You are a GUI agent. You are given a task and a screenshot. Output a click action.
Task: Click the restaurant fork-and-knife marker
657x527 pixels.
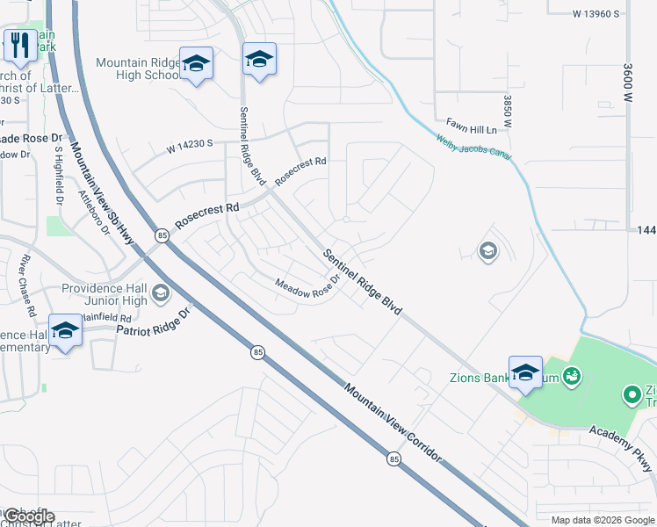point(19,45)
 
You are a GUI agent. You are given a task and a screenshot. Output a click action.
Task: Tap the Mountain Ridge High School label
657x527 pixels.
point(139,69)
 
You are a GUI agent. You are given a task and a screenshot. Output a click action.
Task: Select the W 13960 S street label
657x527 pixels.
point(596,14)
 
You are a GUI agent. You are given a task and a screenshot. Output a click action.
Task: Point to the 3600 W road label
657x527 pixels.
point(628,83)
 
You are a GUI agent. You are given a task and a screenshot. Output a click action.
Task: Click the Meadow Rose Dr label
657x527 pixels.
point(307,286)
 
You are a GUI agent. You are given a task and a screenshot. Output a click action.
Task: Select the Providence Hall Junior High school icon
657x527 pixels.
point(160,292)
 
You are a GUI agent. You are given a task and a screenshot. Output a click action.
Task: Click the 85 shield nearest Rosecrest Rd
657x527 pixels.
point(162,235)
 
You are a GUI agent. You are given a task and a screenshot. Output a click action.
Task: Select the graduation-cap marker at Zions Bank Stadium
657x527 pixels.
point(525,372)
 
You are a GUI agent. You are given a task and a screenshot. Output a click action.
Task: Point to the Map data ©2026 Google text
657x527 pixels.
point(603,520)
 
